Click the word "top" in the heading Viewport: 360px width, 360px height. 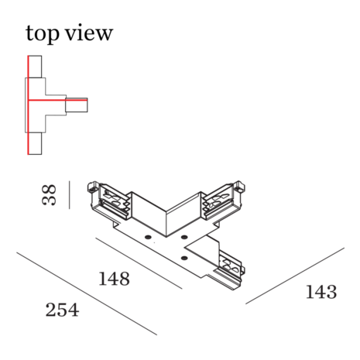pos(42,33)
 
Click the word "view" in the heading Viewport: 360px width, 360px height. pos(89,33)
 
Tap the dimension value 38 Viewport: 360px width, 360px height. pos(49,195)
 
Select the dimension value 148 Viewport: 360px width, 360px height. pos(115,279)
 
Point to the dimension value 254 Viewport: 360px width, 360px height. pos(62,310)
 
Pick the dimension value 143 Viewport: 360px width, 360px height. pos(321,292)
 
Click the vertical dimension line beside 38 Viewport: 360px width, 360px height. pos(69,195)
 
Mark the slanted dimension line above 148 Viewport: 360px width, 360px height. pos(139,263)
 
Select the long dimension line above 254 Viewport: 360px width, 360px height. pos(87,293)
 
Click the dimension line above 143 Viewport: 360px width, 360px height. pos(295,276)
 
